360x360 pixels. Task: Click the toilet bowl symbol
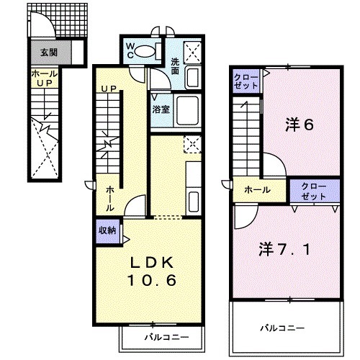coord(149,50)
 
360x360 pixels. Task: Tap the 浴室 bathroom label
coord(161,112)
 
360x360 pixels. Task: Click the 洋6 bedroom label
coord(299,124)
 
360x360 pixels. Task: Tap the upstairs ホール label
coord(257,190)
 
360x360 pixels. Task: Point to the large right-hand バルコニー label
coord(283,328)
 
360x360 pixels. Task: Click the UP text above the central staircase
coord(109,89)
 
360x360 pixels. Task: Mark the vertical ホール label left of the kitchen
coord(109,197)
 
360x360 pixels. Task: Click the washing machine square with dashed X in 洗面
coord(192,50)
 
